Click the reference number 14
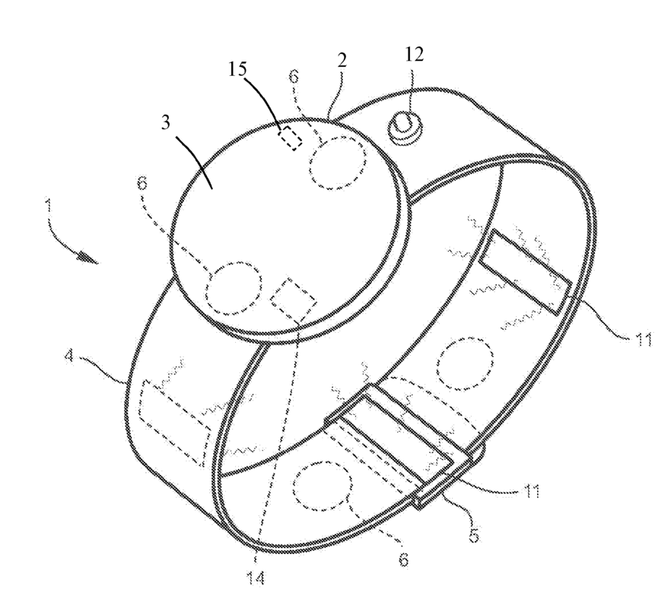[259, 579]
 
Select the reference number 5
[473, 534]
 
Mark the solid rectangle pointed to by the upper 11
[526, 271]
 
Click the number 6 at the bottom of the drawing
[402, 561]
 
